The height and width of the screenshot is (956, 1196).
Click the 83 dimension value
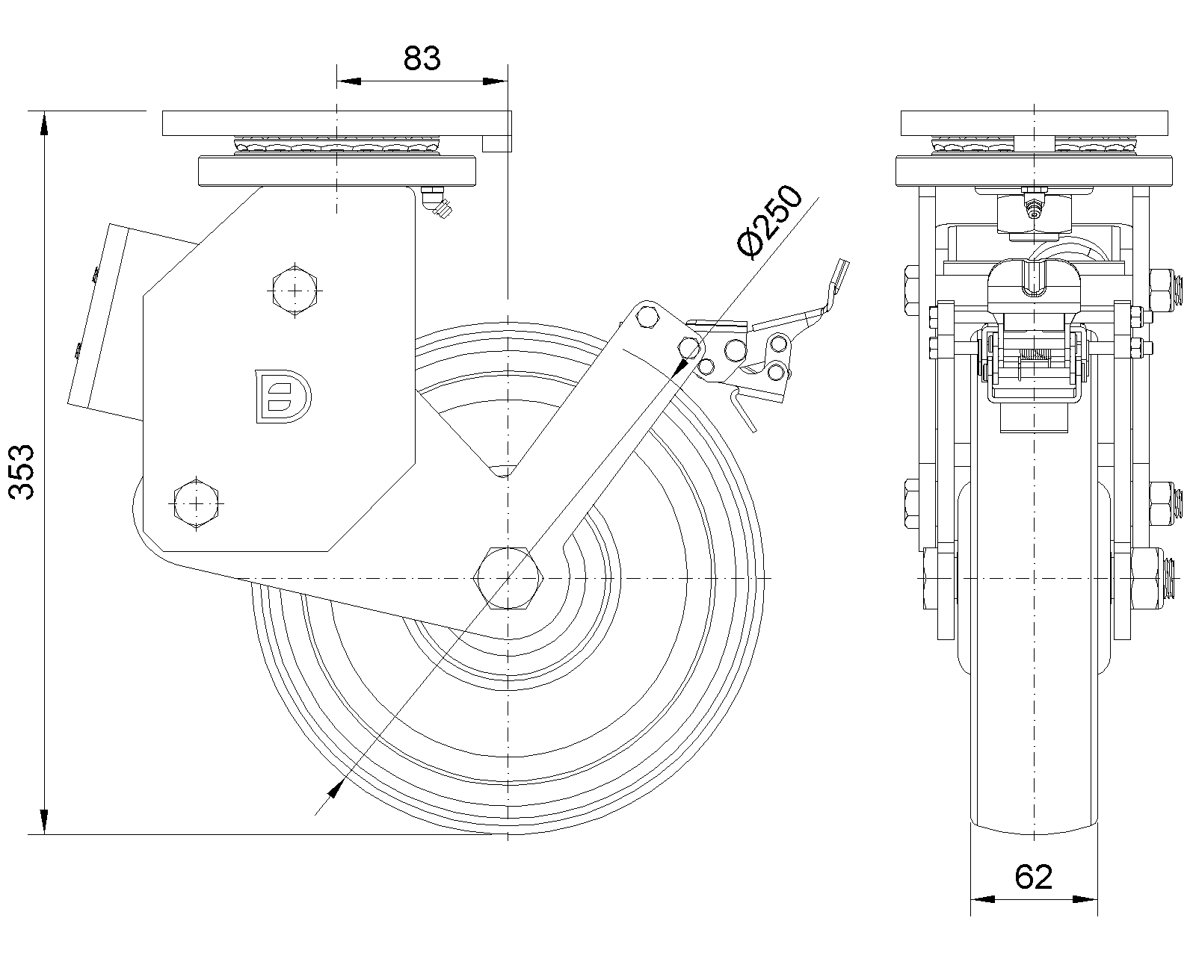[x=422, y=58]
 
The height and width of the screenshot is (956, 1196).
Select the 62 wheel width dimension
[x=1034, y=877]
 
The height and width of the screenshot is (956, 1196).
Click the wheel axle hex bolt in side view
[x=508, y=578]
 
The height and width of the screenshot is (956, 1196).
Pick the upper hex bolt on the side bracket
[x=296, y=290]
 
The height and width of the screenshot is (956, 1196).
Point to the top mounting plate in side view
[x=336, y=123]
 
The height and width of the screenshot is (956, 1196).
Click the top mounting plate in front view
[x=1034, y=122]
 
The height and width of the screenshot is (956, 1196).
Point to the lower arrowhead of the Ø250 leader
[x=334, y=789]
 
